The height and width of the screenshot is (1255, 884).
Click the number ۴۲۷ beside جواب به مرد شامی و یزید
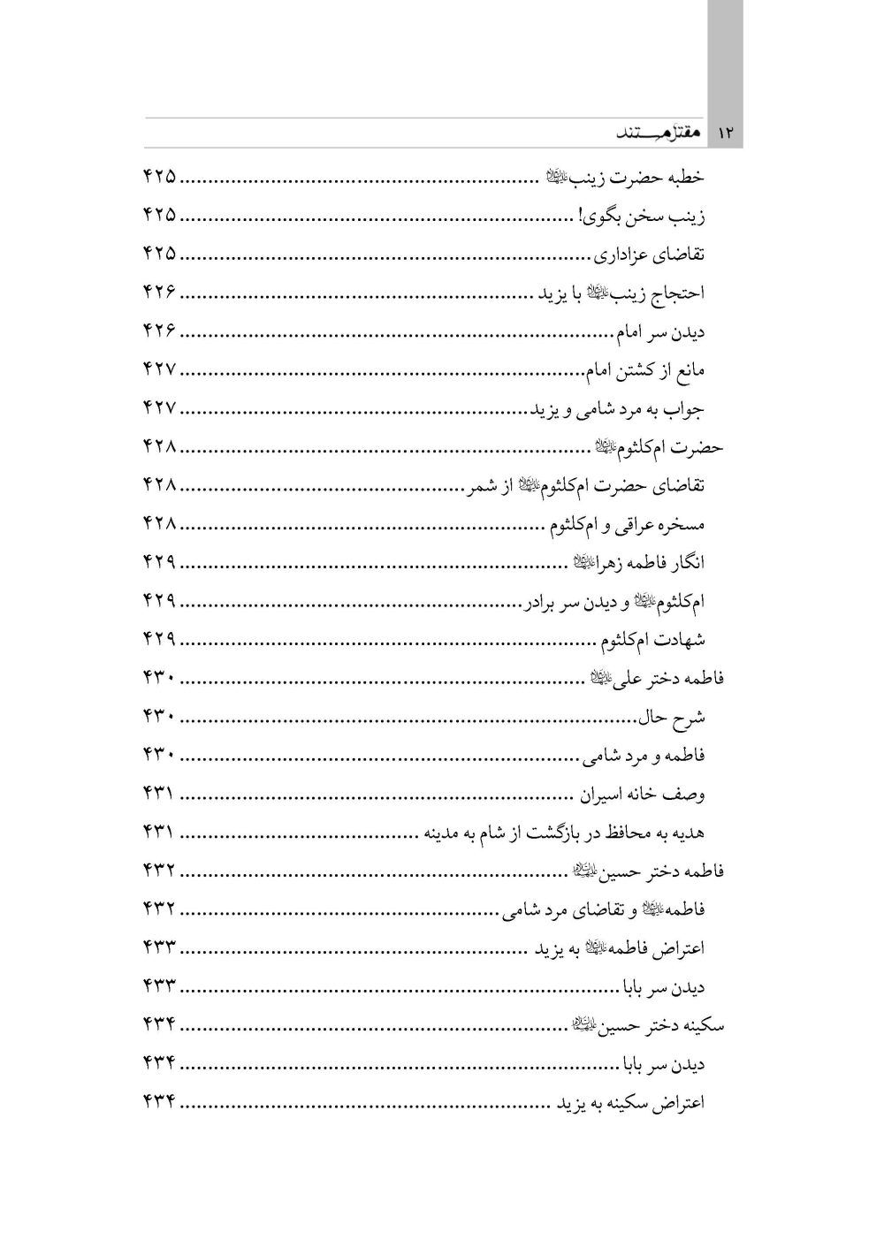pyautogui.click(x=160, y=408)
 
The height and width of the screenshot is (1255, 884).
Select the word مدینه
pyautogui.click(x=447, y=833)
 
